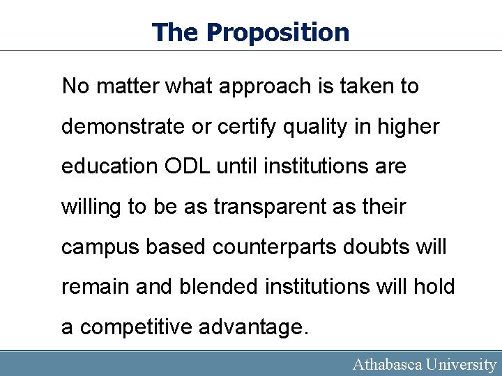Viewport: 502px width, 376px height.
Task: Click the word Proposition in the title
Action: [278, 33]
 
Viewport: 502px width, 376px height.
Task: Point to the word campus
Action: [100, 247]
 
